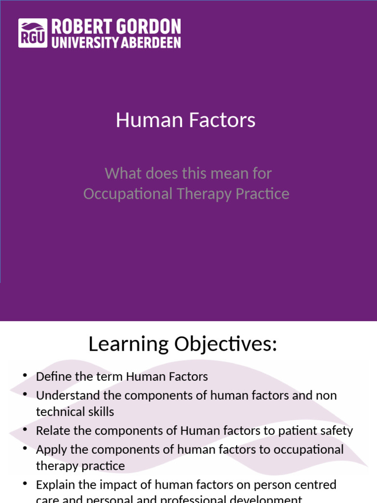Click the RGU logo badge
click(x=33, y=33)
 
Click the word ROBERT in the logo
click(x=76, y=27)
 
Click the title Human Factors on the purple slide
click(x=186, y=120)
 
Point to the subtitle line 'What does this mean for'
click(x=188, y=173)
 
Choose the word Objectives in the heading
click(x=226, y=344)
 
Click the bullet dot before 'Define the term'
click(x=25, y=376)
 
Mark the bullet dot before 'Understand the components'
click(x=25, y=395)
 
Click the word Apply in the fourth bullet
click(x=49, y=450)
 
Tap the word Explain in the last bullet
click(x=53, y=485)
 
